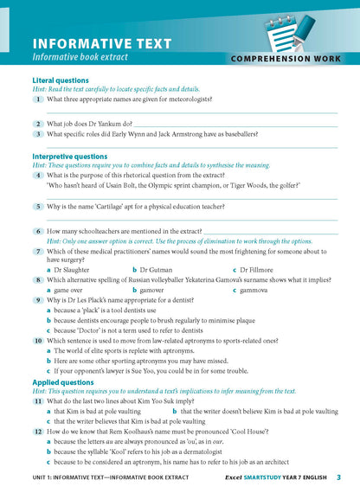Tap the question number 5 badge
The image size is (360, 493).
coord(39,207)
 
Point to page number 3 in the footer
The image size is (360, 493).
coord(338,477)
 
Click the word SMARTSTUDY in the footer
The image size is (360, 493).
coord(261,477)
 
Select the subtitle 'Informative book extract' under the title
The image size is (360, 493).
coord(80,57)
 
